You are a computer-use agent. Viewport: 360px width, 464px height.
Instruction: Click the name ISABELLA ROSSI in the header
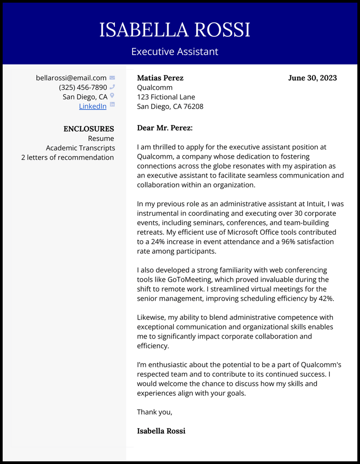tap(175, 30)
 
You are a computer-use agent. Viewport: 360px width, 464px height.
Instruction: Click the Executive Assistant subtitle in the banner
tap(175, 52)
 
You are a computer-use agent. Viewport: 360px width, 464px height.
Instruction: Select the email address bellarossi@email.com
tap(71, 78)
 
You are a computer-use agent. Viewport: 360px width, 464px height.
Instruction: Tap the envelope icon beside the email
tap(112, 78)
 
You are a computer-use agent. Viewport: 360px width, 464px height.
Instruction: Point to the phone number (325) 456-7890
tap(83, 87)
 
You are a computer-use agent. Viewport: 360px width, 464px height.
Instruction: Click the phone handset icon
tap(112, 87)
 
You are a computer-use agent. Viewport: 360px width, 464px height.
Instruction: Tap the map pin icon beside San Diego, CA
tap(112, 96)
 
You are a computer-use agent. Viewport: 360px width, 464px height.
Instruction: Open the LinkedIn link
tap(93, 106)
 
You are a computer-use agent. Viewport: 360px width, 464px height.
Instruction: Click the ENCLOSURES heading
tap(89, 129)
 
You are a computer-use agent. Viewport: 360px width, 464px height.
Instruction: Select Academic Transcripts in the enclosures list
tap(80, 148)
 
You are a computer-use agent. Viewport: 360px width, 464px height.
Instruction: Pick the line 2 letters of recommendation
tap(67, 157)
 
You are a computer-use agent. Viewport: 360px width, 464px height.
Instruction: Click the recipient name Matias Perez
tap(160, 78)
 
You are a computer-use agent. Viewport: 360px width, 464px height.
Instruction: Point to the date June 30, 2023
tap(312, 78)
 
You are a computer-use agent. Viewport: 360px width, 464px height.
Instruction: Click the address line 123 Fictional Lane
tap(166, 97)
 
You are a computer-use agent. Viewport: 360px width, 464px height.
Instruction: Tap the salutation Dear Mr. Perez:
tap(165, 128)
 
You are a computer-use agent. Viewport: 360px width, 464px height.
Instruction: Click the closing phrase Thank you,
tap(154, 412)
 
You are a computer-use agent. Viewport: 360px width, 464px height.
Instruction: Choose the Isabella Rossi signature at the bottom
tap(161, 431)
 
